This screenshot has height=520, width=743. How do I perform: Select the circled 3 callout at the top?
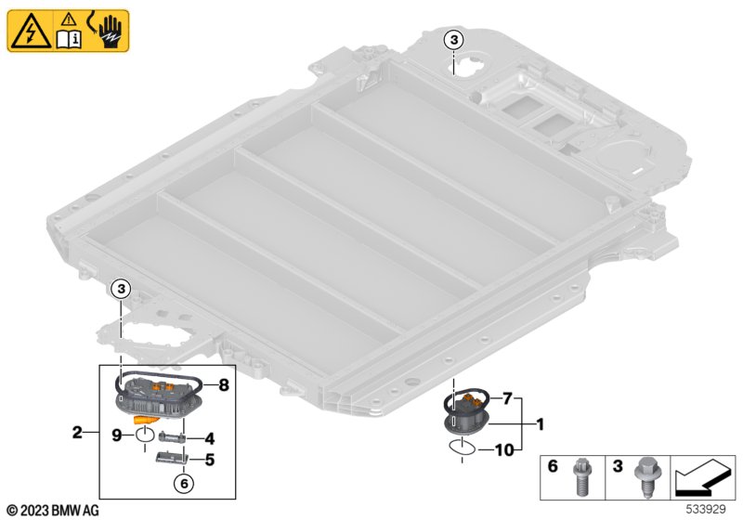click(x=452, y=39)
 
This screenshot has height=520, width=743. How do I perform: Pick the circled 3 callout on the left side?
click(x=124, y=291)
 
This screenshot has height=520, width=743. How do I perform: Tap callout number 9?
click(x=116, y=433)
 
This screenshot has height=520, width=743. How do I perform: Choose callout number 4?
click(x=211, y=437)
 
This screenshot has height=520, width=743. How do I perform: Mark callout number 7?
click(x=506, y=399)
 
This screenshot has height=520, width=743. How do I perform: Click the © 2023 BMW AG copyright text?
click(x=52, y=510)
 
